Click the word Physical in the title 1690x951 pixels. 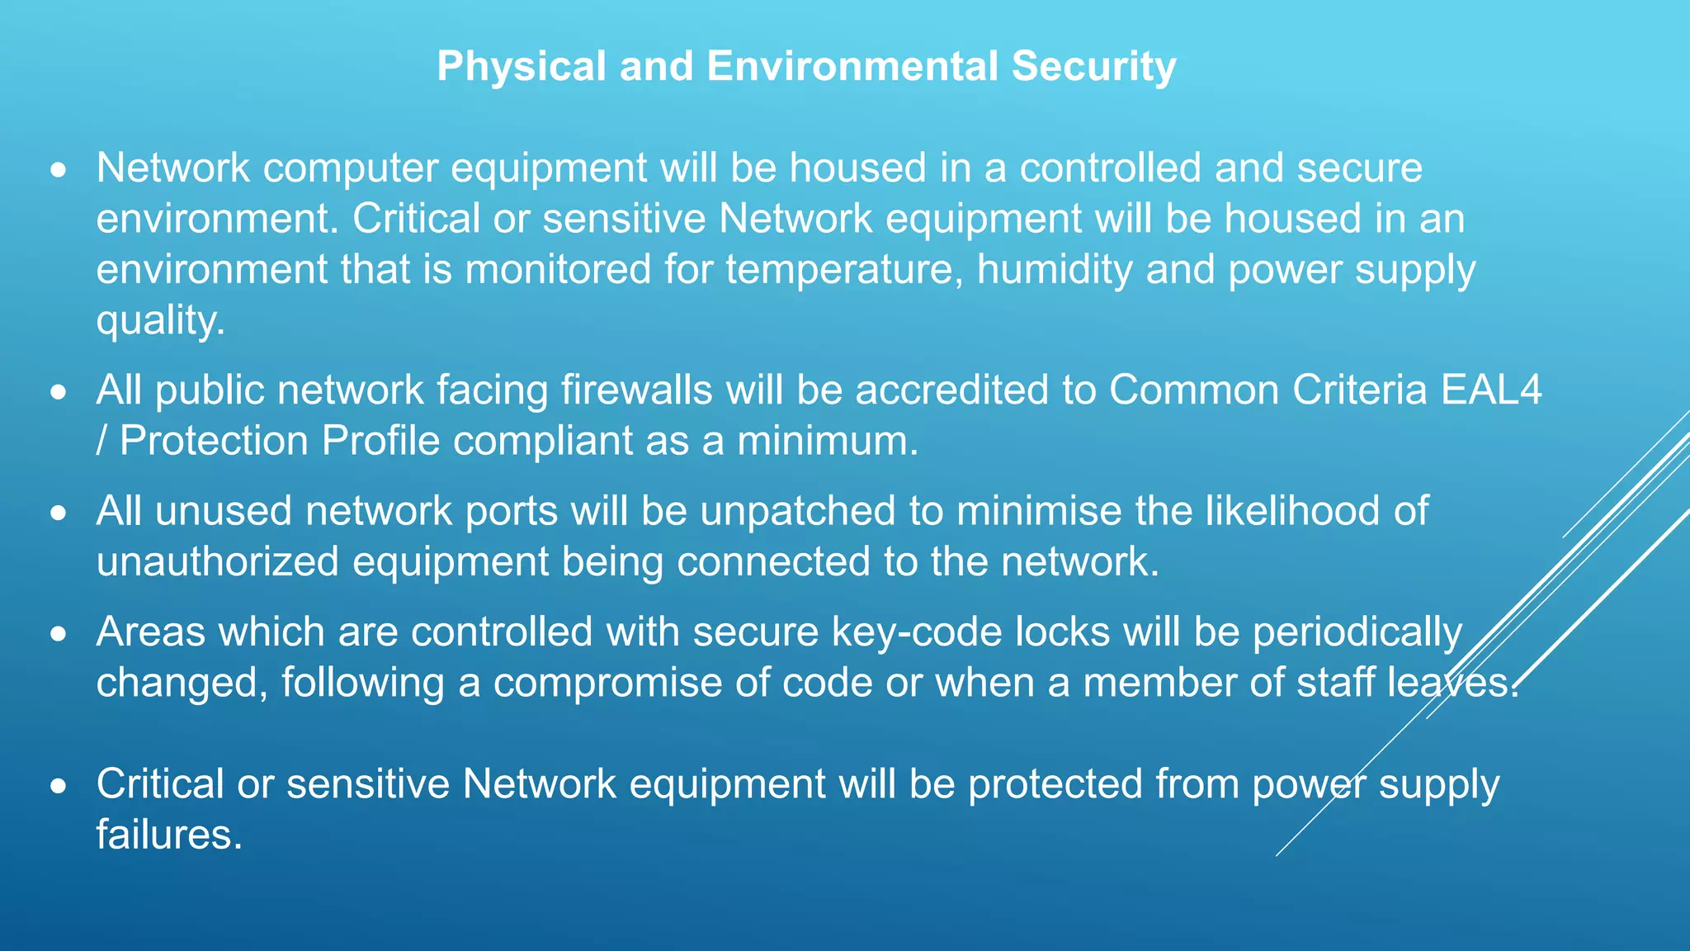pyautogui.click(x=522, y=66)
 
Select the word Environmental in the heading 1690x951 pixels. pyautogui.click(x=852, y=66)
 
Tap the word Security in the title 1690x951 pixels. pyautogui.click(x=1094, y=66)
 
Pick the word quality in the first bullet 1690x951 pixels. pyautogui.click(x=160, y=320)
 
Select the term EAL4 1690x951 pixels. pyautogui.click(x=1491, y=390)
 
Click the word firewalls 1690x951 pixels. pyautogui.click(x=636, y=390)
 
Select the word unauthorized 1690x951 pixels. pyautogui.click(x=218, y=562)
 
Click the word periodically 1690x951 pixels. pyautogui.click(x=1357, y=632)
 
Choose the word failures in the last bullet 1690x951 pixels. pyautogui.click(x=169, y=835)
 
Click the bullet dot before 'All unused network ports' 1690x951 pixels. pyautogui.click(x=58, y=513)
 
